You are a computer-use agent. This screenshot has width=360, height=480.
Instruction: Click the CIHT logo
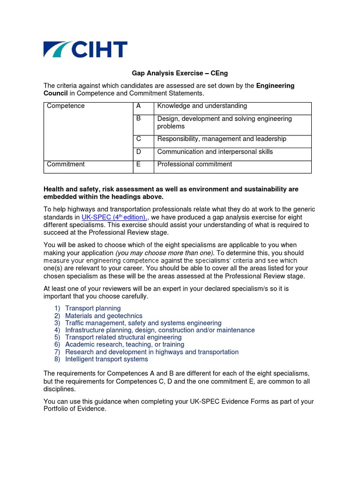pos(85,49)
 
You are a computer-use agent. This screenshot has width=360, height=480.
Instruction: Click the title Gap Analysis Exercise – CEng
pos(180,73)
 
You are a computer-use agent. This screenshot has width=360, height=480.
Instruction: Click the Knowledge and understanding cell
pos(202,106)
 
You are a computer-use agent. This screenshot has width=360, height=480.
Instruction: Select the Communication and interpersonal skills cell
pos(215,151)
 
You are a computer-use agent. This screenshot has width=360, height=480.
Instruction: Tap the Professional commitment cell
pos(195,164)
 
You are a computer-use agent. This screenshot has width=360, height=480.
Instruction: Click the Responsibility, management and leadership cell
pos(222,139)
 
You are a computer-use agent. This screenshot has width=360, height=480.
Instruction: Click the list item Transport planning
pos(93,308)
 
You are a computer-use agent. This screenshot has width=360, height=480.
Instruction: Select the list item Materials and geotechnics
pos(104,316)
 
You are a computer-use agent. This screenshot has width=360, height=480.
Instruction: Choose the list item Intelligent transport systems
pos(106,359)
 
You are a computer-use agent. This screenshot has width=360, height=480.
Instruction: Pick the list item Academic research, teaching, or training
pos(125,345)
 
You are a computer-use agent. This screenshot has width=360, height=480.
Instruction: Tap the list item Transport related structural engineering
pos(123,337)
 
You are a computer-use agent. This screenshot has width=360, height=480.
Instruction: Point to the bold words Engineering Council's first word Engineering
pos(275,86)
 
